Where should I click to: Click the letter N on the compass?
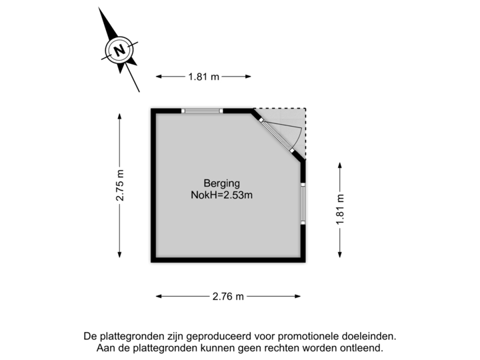119,49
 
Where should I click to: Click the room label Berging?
221,183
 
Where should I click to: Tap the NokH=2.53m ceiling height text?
221,195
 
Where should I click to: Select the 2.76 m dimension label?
229,295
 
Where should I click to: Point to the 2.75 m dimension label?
120,185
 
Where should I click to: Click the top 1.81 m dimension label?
203,77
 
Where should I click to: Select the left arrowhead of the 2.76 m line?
158,295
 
